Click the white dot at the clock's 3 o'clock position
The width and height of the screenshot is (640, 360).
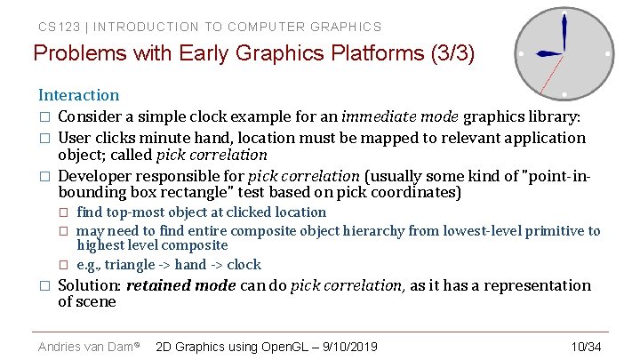607,53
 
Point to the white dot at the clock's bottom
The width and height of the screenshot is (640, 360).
564,94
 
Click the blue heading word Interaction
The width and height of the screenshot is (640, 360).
78,95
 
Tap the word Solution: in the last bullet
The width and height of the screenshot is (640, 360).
89,285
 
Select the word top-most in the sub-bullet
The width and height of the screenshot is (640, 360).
136,212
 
